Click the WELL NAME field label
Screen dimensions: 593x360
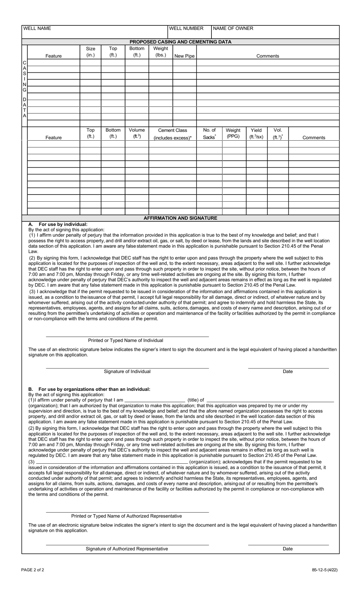(37, 28)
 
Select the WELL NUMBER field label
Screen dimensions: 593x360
(186, 28)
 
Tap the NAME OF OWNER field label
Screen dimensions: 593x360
(233, 28)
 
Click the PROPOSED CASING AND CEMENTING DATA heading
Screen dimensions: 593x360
(180, 42)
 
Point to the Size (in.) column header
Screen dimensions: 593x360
(91, 52)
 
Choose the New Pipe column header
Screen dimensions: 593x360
(184, 56)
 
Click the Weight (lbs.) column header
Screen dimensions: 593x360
(161, 52)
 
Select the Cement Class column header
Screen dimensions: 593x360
(172, 134)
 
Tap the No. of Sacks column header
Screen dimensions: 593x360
(209, 134)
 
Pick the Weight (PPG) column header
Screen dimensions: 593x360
(233, 133)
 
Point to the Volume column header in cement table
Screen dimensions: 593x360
(137, 133)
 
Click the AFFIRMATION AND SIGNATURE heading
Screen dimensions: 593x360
(180, 218)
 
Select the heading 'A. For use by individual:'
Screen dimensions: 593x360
(58, 224)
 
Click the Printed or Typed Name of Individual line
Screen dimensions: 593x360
(127, 336)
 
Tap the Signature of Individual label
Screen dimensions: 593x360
(127, 372)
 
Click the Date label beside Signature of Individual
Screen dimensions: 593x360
(288, 372)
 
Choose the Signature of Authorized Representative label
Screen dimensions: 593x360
(127, 549)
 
